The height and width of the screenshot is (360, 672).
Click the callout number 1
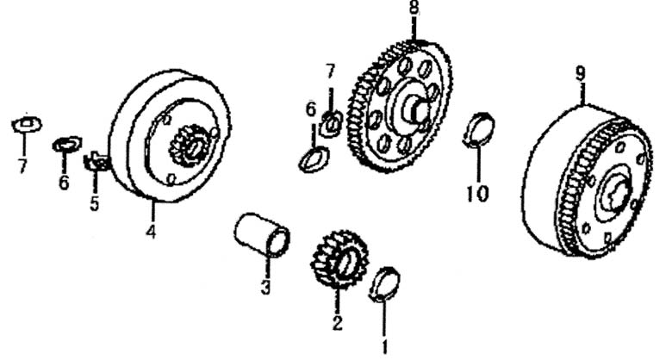384,346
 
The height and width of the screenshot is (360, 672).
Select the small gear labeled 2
339,259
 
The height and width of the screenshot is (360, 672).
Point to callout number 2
337,323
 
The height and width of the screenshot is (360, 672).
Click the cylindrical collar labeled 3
262,234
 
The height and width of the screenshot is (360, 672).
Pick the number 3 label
265,287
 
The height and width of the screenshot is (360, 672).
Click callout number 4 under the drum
151,232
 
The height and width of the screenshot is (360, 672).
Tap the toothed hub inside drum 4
190,146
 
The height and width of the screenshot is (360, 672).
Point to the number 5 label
94,203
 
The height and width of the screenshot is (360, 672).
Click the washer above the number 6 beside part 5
67,144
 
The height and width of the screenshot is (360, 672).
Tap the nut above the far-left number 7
27,124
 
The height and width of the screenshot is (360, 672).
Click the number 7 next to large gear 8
330,71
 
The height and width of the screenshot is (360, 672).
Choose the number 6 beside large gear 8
311,109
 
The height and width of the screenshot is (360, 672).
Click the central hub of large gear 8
414,109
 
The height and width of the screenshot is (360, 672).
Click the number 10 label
477,194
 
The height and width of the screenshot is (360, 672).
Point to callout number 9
581,74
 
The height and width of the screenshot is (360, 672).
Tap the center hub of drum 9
616,193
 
